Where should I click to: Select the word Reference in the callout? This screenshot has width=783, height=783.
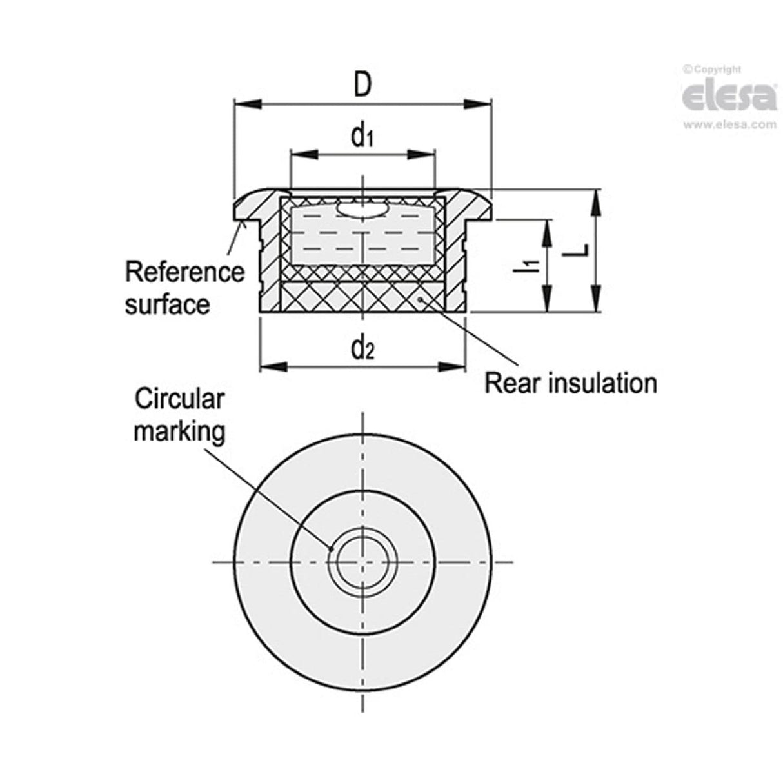point(185,272)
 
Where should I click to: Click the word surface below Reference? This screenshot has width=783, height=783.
point(168,304)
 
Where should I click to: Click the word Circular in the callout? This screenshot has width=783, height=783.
point(179,399)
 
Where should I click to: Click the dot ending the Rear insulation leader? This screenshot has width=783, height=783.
point(421,299)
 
